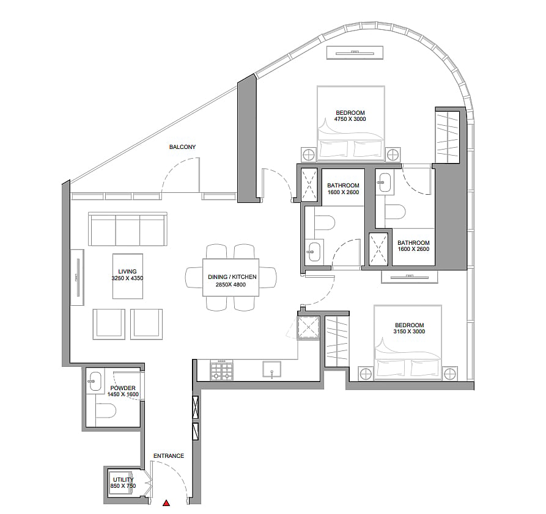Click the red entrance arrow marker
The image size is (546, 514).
click(167, 502)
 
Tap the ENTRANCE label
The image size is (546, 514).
click(169, 455)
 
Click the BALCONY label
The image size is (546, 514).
click(182, 147)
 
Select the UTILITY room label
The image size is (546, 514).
click(124, 480)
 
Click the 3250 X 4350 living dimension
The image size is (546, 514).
click(127, 278)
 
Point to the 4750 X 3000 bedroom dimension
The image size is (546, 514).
click(350, 119)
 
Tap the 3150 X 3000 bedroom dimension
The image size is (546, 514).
click(409, 331)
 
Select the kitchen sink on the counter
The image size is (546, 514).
click(272, 370)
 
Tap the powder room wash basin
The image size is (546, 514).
click(95, 381)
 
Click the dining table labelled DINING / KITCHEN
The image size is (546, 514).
click(231, 277)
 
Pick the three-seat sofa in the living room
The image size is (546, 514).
click(127, 229)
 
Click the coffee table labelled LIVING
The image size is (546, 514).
click(127, 276)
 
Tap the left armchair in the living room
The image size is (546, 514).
click(109, 324)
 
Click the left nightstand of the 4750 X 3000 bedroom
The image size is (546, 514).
click(309, 154)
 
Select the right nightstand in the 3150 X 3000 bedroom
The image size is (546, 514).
click(450, 374)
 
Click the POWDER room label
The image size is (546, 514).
click(123, 388)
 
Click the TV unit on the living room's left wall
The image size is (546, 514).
click(77, 277)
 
